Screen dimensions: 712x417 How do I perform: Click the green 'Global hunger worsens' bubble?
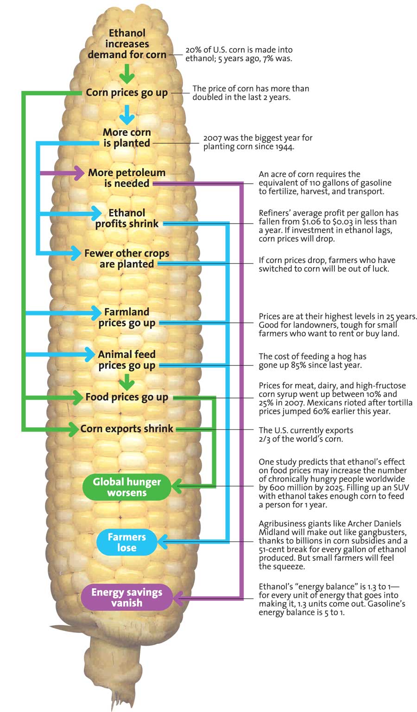point(126,487)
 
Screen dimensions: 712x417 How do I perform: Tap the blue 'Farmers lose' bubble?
point(126,542)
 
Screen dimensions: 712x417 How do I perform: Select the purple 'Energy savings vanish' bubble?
point(126,597)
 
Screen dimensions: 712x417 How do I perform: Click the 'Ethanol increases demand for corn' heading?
point(127,44)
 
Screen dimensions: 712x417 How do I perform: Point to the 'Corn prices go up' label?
point(127,93)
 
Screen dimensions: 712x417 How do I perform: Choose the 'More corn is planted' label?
point(127,138)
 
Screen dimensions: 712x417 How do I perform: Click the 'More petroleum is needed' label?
point(126,178)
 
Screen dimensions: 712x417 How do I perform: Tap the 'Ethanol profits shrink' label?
point(127,218)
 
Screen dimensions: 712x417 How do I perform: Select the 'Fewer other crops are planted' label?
point(126,259)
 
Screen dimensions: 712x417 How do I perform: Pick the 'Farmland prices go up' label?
point(126,317)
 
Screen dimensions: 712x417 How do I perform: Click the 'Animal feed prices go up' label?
point(126,360)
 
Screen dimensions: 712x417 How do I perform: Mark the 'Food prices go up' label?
point(126,398)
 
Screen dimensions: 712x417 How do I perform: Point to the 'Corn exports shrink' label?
point(126,429)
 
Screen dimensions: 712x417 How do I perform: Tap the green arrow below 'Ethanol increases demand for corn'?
point(126,73)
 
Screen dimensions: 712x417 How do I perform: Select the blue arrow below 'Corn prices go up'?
point(126,114)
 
